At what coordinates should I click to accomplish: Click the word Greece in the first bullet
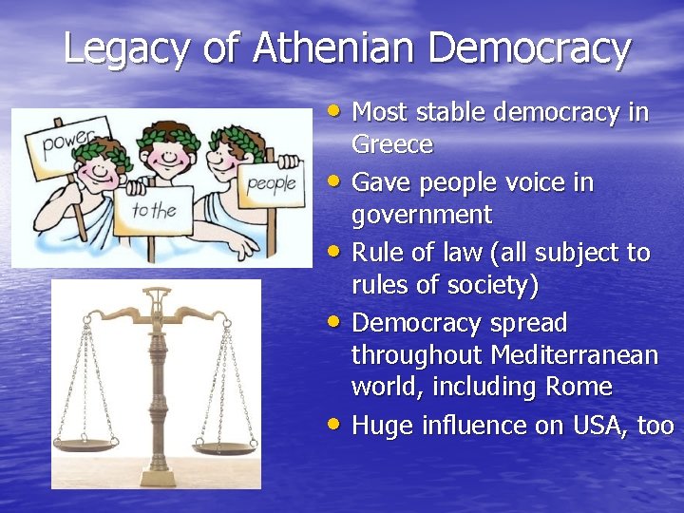click(392, 145)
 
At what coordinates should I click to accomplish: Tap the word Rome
click(579, 388)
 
